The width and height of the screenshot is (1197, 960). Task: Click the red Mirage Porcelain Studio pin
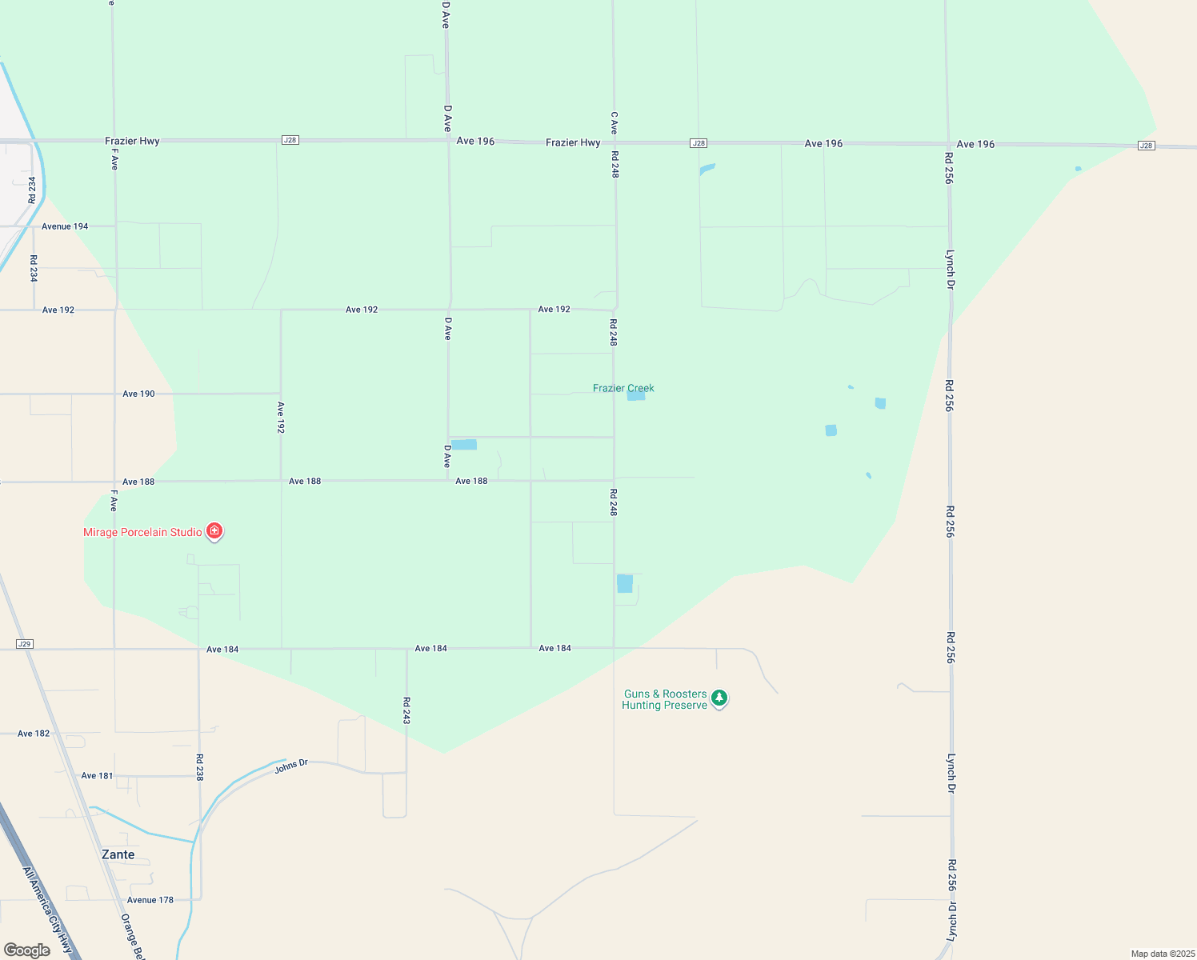pyautogui.click(x=214, y=530)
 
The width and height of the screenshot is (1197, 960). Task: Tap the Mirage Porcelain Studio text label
pyautogui.click(x=142, y=532)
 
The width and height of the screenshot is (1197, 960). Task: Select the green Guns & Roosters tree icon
pyautogui.click(x=719, y=698)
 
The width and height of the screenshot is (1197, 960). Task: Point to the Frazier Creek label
pyautogui.click(x=623, y=388)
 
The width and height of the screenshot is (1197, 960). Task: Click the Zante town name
pyautogui.click(x=118, y=854)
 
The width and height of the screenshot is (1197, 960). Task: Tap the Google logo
pyautogui.click(x=27, y=950)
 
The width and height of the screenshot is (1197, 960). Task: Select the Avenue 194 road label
pyautogui.click(x=65, y=226)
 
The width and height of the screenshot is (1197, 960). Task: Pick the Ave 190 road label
pyautogui.click(x=138, y=394)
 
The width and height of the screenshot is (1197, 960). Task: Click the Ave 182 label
pyautogui.click(x=34, y=733)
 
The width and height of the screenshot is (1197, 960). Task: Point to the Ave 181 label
pyautogui.click(x=97, y=775)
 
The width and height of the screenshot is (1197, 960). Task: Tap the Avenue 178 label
pyautogui.click(x=150, y=900)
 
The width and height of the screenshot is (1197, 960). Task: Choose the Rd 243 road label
pyautogui.click(x=406, y=710)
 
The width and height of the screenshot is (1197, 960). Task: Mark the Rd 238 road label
pyautogui.click(x=199, y=766)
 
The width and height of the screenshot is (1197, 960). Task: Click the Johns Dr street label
pyautogui.click(x=291, y=766)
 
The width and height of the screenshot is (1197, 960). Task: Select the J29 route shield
pyautogui.click(x=24, y=644)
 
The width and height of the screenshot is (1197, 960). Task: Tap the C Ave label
pyautogui.click(x=614, y=122)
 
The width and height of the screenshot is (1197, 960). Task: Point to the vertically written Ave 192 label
pyautogui.click(x=281, y=417)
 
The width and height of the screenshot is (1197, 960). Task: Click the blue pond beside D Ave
pyautogui.click(x=464, y=445)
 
